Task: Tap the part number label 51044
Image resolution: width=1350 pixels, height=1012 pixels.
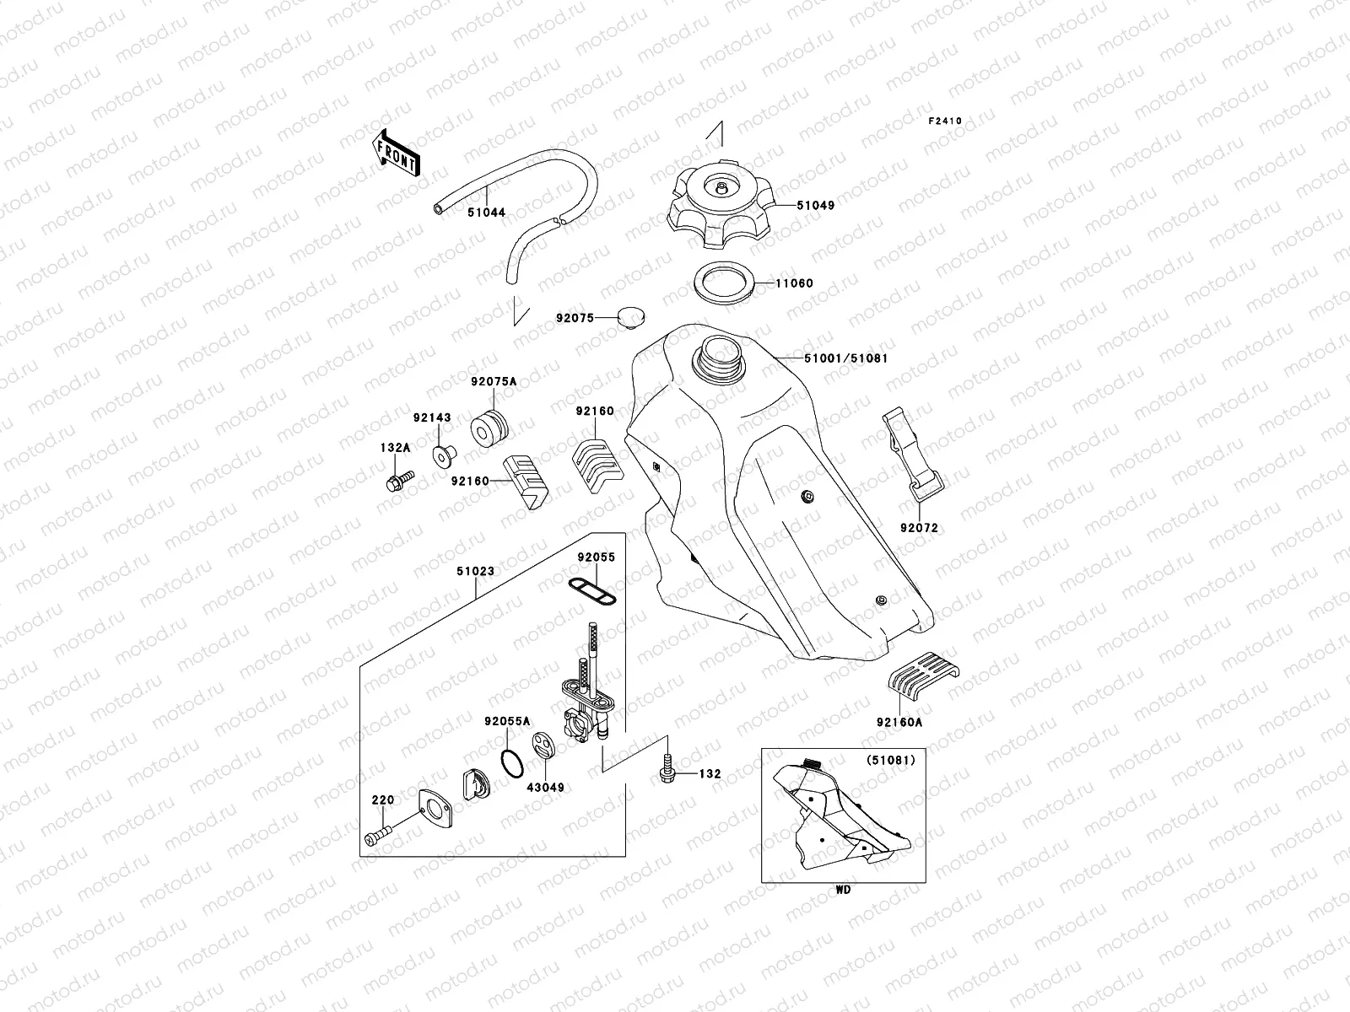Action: coord(487,213)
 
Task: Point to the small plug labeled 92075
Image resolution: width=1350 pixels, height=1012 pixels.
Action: coord(629,317)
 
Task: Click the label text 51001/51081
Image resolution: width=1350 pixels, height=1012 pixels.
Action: coord(845,358)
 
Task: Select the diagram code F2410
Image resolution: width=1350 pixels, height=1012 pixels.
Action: coord(945,121)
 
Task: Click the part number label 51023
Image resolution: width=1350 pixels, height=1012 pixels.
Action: coord(475,571)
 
